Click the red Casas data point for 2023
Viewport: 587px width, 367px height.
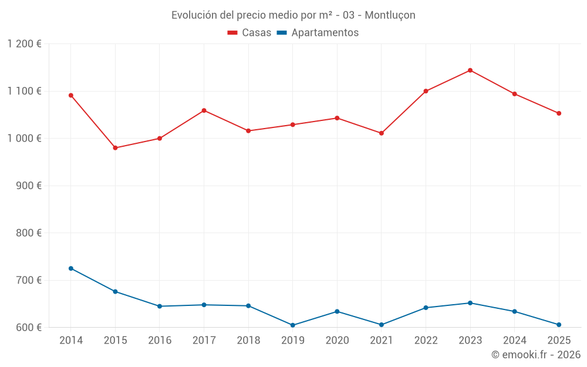470,70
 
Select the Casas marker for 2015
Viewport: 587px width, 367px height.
115,148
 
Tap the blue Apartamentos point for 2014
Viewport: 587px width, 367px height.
71,268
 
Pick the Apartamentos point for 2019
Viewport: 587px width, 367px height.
293,325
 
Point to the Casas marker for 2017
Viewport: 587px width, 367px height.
204,110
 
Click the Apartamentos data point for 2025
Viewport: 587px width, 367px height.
559,325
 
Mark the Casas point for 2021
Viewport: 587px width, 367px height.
382,133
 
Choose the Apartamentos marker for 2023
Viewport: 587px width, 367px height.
470,303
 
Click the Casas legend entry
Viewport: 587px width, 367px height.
249,33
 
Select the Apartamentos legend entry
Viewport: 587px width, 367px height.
318,33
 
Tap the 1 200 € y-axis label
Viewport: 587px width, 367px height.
24,44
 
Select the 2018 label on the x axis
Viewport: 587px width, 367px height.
248,341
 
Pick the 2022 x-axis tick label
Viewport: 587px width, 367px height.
426,341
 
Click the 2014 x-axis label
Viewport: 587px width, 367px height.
71,341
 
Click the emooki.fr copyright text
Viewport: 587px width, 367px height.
535,355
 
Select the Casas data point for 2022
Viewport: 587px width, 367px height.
426,91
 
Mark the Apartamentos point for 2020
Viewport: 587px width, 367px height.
337,311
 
